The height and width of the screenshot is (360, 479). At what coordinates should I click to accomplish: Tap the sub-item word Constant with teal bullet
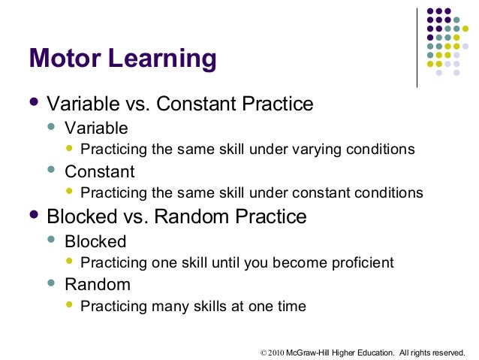[100, 171]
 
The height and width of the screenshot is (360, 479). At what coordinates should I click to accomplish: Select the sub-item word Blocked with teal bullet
[95, 241]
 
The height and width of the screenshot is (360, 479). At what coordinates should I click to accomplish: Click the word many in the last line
[164, 306]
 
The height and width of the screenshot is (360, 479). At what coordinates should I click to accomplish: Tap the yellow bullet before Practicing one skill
[71, 262]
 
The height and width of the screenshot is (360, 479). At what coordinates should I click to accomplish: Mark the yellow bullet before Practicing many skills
[71, 305]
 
